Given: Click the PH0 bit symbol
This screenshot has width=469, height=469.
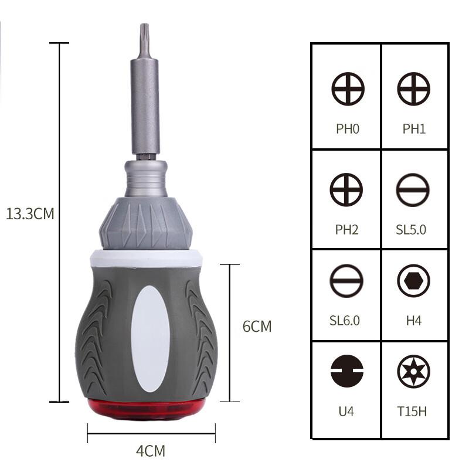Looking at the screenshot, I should tap(348, 90).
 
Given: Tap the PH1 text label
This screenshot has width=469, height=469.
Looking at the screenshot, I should tap(414, 128).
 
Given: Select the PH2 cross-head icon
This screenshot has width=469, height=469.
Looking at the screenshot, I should tap(346, 190).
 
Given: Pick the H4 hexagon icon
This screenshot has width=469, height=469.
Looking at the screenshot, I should tap(413, 281).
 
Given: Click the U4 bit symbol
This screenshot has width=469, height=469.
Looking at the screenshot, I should tap(346, 371).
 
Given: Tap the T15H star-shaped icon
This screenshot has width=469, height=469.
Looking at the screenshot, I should tap(413, 371).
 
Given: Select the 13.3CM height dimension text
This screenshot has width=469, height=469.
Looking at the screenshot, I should tap(29, 213).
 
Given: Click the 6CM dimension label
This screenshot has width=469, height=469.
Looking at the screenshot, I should tap(257, 327).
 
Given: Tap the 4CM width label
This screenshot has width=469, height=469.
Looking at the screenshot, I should tap(151, 451).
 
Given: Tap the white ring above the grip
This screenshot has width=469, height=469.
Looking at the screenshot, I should tap(145, 257).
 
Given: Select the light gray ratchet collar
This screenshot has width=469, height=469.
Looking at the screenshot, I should tap(145, 223).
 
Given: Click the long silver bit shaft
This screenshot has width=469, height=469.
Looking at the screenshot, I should tap(144, 100).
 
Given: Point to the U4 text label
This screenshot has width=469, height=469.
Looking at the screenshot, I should tap(346, 411).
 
